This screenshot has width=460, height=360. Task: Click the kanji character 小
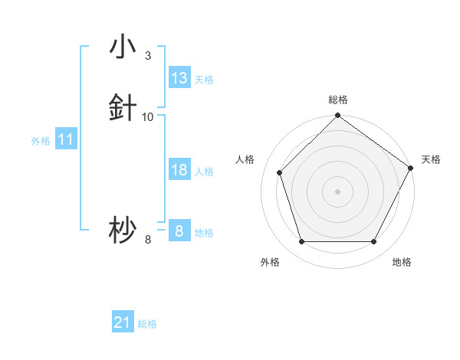click(123, 47)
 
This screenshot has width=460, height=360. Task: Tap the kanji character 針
click(123, 108)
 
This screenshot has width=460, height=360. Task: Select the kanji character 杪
click(123, 231)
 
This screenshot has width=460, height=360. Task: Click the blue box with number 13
click(179, 78)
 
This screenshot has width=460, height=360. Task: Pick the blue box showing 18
click(179, 170)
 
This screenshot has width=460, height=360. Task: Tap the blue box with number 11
click(66, 140)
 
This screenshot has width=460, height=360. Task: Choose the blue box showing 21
click(123, 323)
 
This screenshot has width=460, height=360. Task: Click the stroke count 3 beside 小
click(148, 56)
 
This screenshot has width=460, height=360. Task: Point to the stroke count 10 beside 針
click(148, 117)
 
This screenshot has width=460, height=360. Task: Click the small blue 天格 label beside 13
click(204, 80)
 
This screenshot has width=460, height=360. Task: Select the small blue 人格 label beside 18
click(204, 172)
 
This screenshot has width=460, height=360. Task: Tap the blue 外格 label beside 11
click(41, 141)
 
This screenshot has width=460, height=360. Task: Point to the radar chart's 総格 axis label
click(338, 100)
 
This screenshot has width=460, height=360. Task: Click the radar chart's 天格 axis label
click(431, 159)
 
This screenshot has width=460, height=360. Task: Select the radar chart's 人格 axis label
click(245, 159)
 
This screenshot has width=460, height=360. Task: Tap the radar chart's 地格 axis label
click(402, 263)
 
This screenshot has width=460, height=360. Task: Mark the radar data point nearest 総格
click(338, 117)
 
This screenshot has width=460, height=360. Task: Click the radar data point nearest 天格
click(411, 168)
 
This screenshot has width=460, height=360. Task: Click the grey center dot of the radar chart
click(338, 191)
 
